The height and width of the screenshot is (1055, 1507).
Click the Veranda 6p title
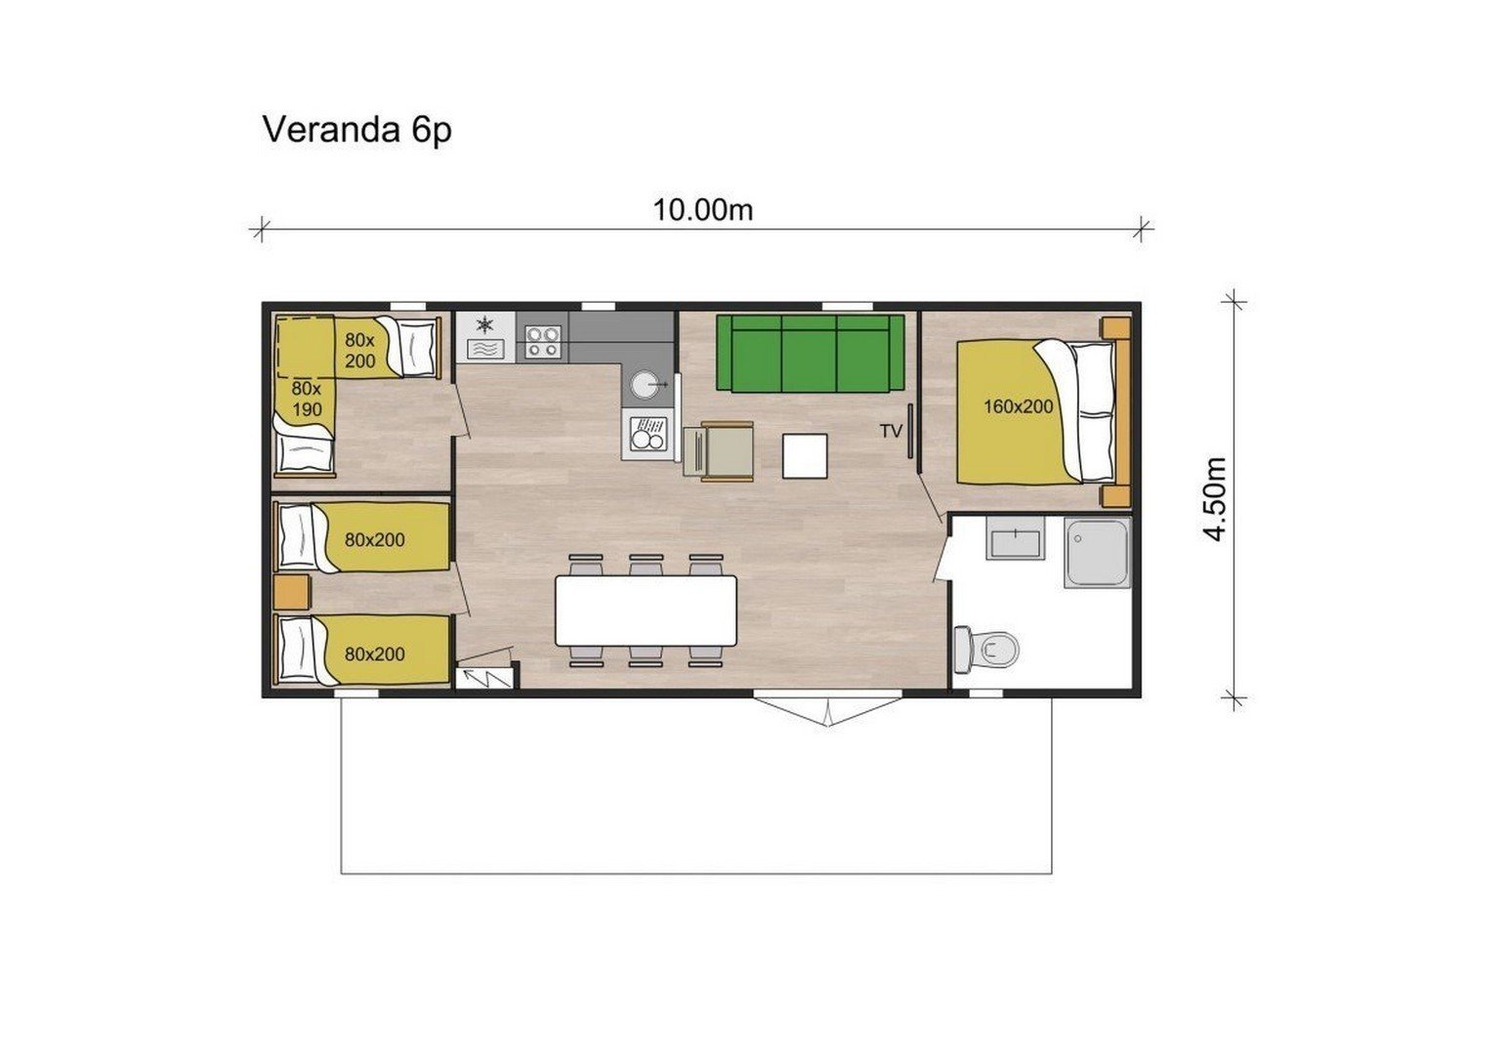(x=356, y=130)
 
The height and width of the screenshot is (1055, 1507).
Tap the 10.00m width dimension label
(x=702, y=211)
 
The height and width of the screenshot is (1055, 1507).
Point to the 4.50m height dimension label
(x=1215, y=498)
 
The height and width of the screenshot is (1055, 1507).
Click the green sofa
(x=810, y=353)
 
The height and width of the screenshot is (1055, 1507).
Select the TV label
(x=891, y=431)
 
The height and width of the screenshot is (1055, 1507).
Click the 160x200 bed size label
(x=1018, y=406)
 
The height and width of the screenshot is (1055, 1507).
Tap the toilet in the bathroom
(x=986, y=649)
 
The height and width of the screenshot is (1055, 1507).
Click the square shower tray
(x=1097, y=552)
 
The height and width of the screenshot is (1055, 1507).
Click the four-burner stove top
(x=542, y=342)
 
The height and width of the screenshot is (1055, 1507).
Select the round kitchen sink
(x=648, y=384)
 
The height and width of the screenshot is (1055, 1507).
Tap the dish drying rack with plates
(x=648, y=434)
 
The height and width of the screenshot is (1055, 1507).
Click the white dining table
(x=646, y=611)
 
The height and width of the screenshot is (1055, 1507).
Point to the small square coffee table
(x=805, y=456)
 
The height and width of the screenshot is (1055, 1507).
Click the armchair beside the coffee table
(x=719, y=451)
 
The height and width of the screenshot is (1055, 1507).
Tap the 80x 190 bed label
(x=307, y=399)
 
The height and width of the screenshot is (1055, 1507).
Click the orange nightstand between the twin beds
(x=292, y=592)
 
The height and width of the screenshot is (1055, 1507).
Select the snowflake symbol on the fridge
(x=484, y=325)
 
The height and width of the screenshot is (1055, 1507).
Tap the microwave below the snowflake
(x=485, y=350)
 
